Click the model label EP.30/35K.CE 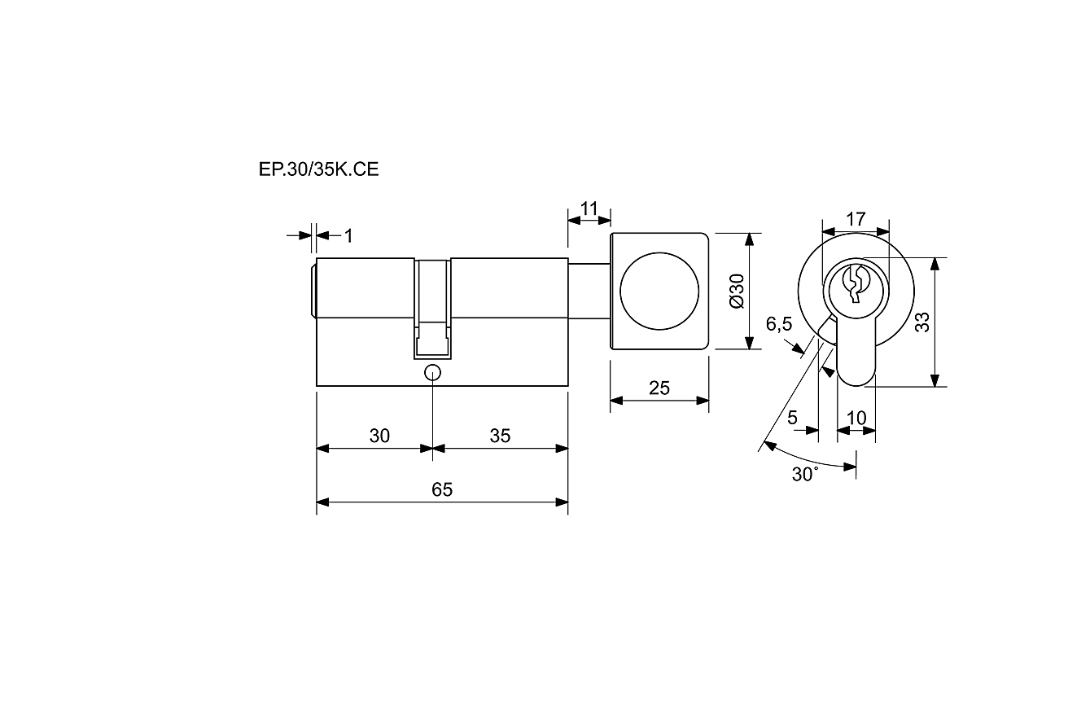pos(319,169)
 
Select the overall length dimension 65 pos(442,489)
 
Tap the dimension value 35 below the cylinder pos(500,436)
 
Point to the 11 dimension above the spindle pos(589,209)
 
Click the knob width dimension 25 pos(659,388)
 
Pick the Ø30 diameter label pos(738,292)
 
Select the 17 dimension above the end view pos(856,219)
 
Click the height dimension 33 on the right pos(922,322)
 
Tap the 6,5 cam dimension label pos(779,324)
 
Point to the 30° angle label pos(805,474)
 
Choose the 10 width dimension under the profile pos(856,418)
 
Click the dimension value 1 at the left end pos(348,236)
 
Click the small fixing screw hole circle pos(432,373)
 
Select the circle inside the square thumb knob pos(659,292)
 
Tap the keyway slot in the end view pos(855,284)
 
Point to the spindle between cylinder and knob pos(589,292)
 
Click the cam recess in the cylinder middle pos(432,309)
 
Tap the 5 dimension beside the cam pos(792,417)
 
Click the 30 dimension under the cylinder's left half pos(379,436)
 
